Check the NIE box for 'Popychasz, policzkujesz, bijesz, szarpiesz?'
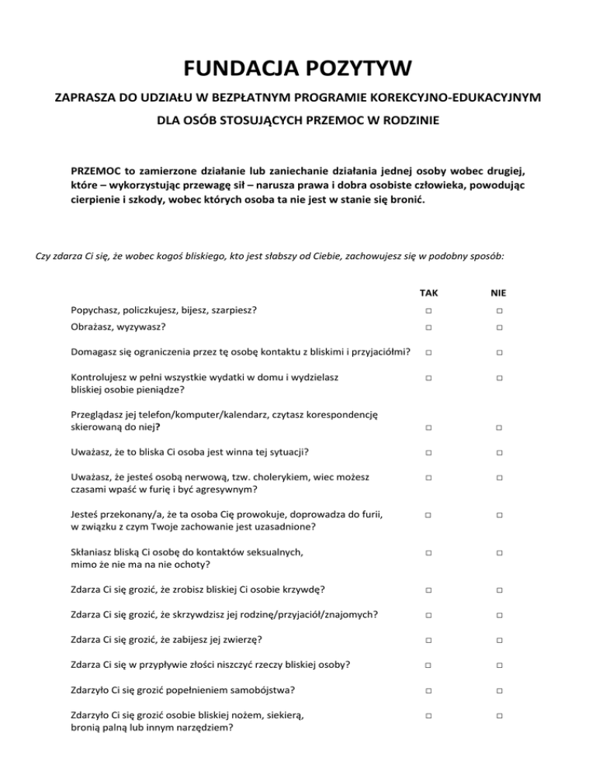point(501,310)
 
